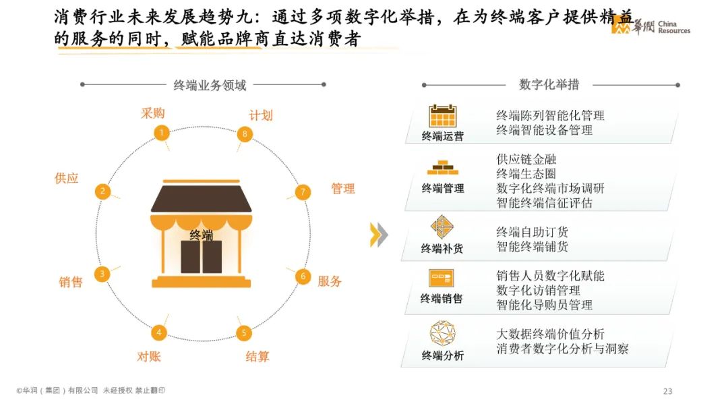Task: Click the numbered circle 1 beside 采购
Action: coord(161,132)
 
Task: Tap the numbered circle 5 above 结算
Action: coord(244,332)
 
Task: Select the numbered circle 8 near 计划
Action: coord(245,134)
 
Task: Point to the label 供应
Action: coord(67,179)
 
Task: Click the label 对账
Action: coord(149,356)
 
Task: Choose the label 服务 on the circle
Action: coord(330,281)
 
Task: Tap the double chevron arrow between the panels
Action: coord(379,234)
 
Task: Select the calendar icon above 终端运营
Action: coord(443,116)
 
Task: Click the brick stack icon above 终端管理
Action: coord(442,167)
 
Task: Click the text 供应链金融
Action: coord(526,160)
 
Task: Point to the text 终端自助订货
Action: coord(532,232)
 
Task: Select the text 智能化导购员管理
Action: coord(544,305)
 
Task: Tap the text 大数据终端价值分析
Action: coord(550,334)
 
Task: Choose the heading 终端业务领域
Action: coord(210,85)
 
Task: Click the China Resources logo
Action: coord(650,26)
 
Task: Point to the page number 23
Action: coord(668,392)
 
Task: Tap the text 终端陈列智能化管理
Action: coord(550,115)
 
